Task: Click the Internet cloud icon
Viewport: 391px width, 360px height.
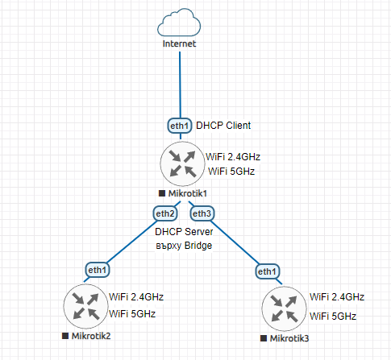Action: pos(179,23)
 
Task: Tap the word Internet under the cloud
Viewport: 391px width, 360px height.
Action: pos(179,43)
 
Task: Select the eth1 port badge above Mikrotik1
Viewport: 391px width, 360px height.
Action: pos(180,126)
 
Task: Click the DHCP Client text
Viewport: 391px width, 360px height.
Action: pos(223,126)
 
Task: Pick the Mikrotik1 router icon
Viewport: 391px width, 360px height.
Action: pos(182,163)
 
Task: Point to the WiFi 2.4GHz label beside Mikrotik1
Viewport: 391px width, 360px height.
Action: pos(233,156)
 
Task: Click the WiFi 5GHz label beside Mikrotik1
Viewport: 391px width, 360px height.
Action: pos(231,172)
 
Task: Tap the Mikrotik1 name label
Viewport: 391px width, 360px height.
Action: pos(188,193)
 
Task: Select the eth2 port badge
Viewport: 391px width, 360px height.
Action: pos(165,213)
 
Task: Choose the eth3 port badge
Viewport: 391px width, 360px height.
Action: pos(202,213)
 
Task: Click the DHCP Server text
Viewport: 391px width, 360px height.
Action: pos(184,232)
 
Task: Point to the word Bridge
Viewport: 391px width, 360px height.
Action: pos(198,246)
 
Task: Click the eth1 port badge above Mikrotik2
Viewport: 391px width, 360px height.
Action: pos(98,270)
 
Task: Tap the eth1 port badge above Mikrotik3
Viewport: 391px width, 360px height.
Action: pos(267,271)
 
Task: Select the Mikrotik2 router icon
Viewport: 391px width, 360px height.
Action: pos(85,306)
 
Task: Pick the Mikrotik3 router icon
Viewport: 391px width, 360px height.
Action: pos(284,308)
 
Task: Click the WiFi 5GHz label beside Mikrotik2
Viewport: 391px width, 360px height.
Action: pos(132,314)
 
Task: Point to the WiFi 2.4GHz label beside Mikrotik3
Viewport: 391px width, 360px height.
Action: pos(337,297)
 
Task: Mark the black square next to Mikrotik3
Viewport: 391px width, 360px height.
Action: pos(264,338)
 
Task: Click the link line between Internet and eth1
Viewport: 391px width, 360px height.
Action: pos(180,85)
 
